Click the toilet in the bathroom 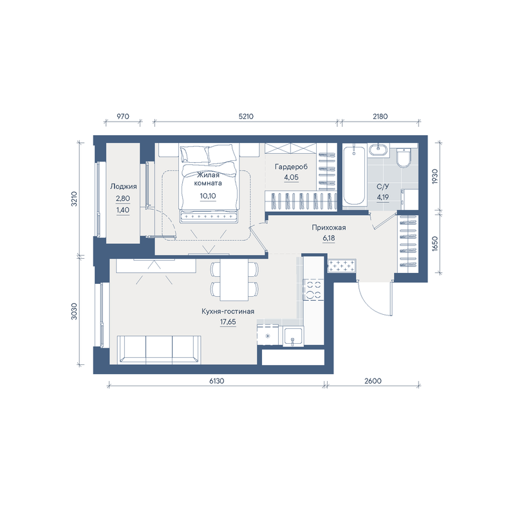pyautogui.click(x=404, y=158)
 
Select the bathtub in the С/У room pyautogui.click(x=353, y=176)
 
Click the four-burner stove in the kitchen pyautogui.click(x=313, y=289)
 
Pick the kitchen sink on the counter pyautogui.click(x=294, y=336)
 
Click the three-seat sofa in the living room pyautogui.click(x=159, y=350)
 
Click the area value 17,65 pyautogui.click(x=228, y=322)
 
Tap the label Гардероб pyautogui.click(x=292, y=167)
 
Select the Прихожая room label pyautogui.click(x=329, y=227)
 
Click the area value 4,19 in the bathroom pyautogui.click(x=382, y=198)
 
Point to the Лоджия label pyautogui.click(x=123, y=187)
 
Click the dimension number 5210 pyautogui.click(x=246, y=117)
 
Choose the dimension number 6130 pyautogui.click(x=217, y=380)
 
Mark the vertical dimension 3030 pyautogui.click(x=74, y=312)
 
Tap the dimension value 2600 pyautogui.click(x=373, y=380)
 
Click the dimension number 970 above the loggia pyautogui.click(x=122, y=117)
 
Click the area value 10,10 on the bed pyautogui.click(x=208, y=196)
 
